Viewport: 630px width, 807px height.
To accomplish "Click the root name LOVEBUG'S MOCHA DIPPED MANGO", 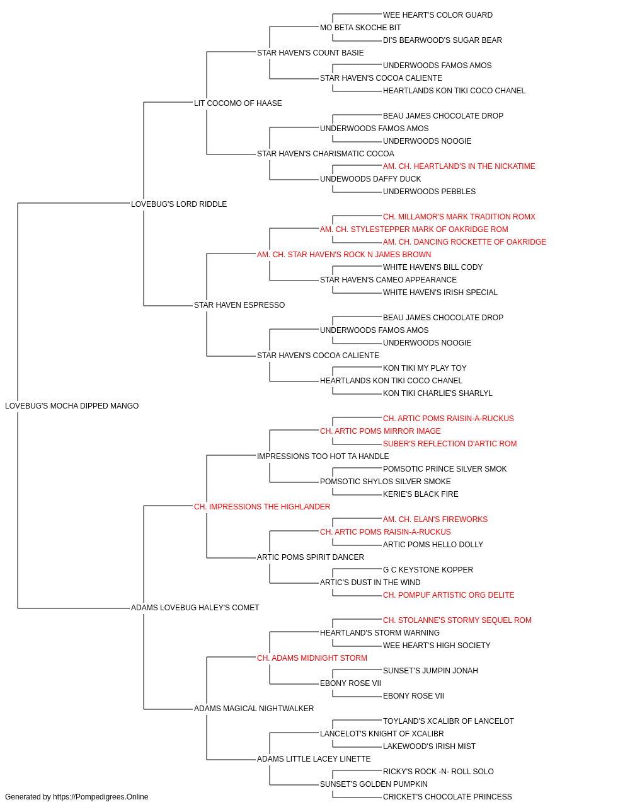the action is [72, 406].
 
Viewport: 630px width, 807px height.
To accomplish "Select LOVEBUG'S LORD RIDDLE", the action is [179, 204].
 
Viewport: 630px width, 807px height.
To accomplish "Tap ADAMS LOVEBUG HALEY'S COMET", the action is [195, 608].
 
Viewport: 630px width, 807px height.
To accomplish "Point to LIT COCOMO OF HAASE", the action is [238, 103].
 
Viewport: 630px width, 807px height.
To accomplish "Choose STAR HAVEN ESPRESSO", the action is [239, 305].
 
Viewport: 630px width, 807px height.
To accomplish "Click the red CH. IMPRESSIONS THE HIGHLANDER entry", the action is [262, 507].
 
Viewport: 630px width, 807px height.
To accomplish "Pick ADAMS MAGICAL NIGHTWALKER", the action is [254, 709].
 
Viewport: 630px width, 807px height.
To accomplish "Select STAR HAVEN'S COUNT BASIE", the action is [310, 53].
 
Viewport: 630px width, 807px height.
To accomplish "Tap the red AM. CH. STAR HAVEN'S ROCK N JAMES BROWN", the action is [344, 255].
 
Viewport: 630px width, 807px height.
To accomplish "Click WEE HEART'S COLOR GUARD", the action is [437, 15].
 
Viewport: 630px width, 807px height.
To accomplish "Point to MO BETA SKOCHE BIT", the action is [360, 28].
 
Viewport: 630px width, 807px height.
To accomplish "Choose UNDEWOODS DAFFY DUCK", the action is [370, 179].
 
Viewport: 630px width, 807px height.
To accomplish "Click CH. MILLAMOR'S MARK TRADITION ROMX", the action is [459, 217].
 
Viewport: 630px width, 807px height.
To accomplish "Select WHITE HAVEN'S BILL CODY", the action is [433, 267].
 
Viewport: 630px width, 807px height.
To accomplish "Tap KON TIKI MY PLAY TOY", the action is [425, 368].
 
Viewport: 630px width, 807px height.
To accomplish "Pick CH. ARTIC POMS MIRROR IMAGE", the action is [381, 431].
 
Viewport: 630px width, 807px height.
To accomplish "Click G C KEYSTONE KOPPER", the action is [428, 570].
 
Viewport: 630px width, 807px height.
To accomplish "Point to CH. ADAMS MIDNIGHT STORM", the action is [312, 658].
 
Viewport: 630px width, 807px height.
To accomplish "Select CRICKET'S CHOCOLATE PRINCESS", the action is [447, 797].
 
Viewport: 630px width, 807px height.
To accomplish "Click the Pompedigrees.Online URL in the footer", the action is [100, 797].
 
